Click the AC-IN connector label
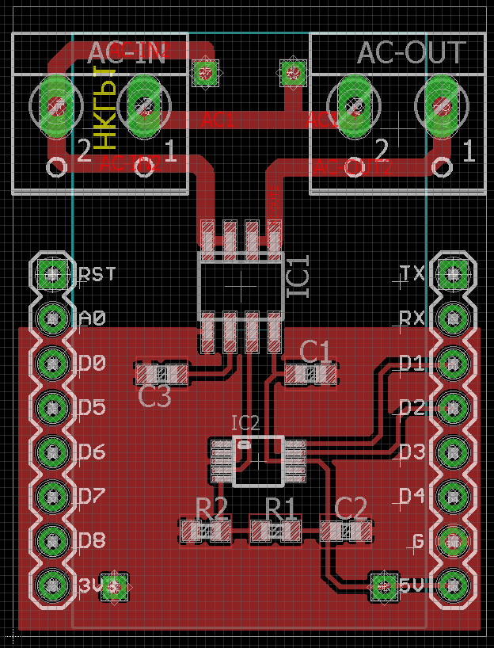[127, 52]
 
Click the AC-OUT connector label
[411, 53]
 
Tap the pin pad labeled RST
[53, 275]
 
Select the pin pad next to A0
[53, 318]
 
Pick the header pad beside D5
[53, 408]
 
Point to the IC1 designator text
[298, 274]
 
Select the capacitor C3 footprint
[163, 372]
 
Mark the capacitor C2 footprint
[347, 530]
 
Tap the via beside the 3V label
[116, 586]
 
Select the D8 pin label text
[93, 541]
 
